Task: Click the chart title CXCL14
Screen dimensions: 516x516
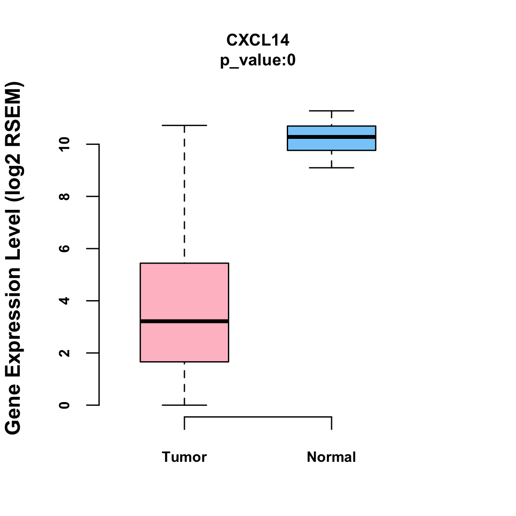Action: pos(258,40)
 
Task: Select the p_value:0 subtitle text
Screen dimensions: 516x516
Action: pos(258,61)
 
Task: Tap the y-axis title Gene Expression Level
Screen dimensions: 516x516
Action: pos(13,258)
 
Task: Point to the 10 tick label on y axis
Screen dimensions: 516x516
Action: pos(64,144)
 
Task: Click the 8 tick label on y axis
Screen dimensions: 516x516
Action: pos(64,197)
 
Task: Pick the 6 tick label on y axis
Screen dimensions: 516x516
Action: pos(64,249)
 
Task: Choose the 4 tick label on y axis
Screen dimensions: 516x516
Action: pos(64,301)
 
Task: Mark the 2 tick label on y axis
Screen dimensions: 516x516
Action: pos(64,353)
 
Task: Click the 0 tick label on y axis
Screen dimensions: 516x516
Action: pos(64,405)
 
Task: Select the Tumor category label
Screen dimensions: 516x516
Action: pos(184,457)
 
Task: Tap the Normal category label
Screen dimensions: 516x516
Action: pos(332,457)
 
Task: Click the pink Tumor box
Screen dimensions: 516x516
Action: pos(184,292)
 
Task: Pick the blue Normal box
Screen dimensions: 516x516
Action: pos(332,144)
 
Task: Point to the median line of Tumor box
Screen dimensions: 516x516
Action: pos(184,321)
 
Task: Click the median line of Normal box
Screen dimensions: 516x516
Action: pos(332,137)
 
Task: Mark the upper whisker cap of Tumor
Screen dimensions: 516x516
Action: pos(184,125)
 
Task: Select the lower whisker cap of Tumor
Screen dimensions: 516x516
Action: pos(184,405)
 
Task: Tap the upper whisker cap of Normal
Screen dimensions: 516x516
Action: pos(332,111)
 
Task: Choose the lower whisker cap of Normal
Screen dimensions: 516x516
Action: pos(332,168)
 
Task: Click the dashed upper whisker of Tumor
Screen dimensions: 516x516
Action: pos(184,193)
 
